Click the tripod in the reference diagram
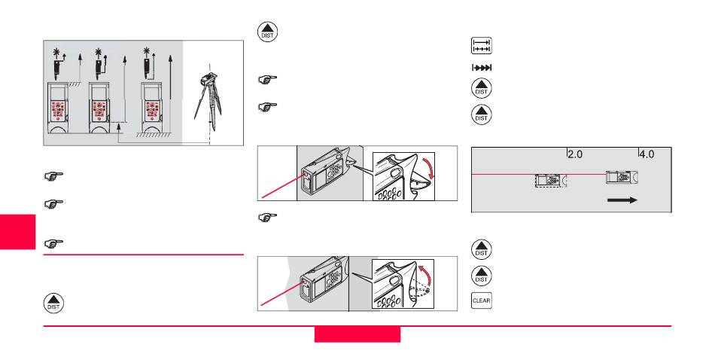pyautogui.click(x=208, y=98)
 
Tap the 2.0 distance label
pyautogui.click(x=576, y=154)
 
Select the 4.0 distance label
pyautogui.click(x=647, y=154)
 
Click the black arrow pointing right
pyautogui.click(x=622, y=200)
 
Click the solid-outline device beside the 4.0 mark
pyautogui.click(x=621, y=177)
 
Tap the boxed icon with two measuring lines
pyautogui.click(x=481, y=46)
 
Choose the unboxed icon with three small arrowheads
pyautogui.click(x=481, y=68)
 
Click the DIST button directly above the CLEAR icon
pyautogui.click(x=481, y=276)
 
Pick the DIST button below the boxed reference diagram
pyautogui.click(x=53, y=304)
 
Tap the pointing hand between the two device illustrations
pyautogui.click(x=268, y=218)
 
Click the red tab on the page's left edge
pyautogui.click(x=18, y=232)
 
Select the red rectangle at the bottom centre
pyautogui.click(x=357, y=334)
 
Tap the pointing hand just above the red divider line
pyautogui.click(x=53, y=244)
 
